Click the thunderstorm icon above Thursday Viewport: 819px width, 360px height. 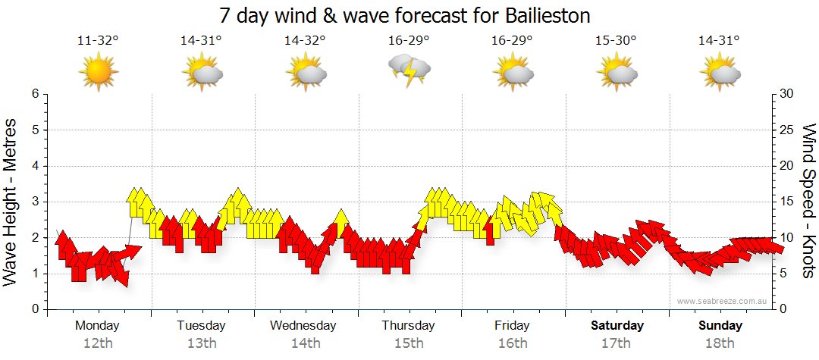pos(409,71)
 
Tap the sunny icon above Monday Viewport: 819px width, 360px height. pos(99,73)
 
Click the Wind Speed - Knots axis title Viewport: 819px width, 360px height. pos(808,201)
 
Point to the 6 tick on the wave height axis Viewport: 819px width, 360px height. pos(34,94)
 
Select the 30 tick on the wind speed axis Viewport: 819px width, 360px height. pos(787,94)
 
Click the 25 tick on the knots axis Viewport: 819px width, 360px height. pos(787,130)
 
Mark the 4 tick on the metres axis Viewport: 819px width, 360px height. pos(34,166)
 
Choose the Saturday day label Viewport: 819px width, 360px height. pos(617,326)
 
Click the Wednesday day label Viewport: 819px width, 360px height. pos(303,326)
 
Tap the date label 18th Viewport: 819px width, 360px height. pos(720,343)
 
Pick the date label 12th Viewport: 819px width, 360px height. pos(98,343)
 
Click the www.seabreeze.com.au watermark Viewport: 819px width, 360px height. pos(723,301)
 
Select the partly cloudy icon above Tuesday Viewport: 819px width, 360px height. pos(202,74)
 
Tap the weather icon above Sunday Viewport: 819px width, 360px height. pos(720,74)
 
